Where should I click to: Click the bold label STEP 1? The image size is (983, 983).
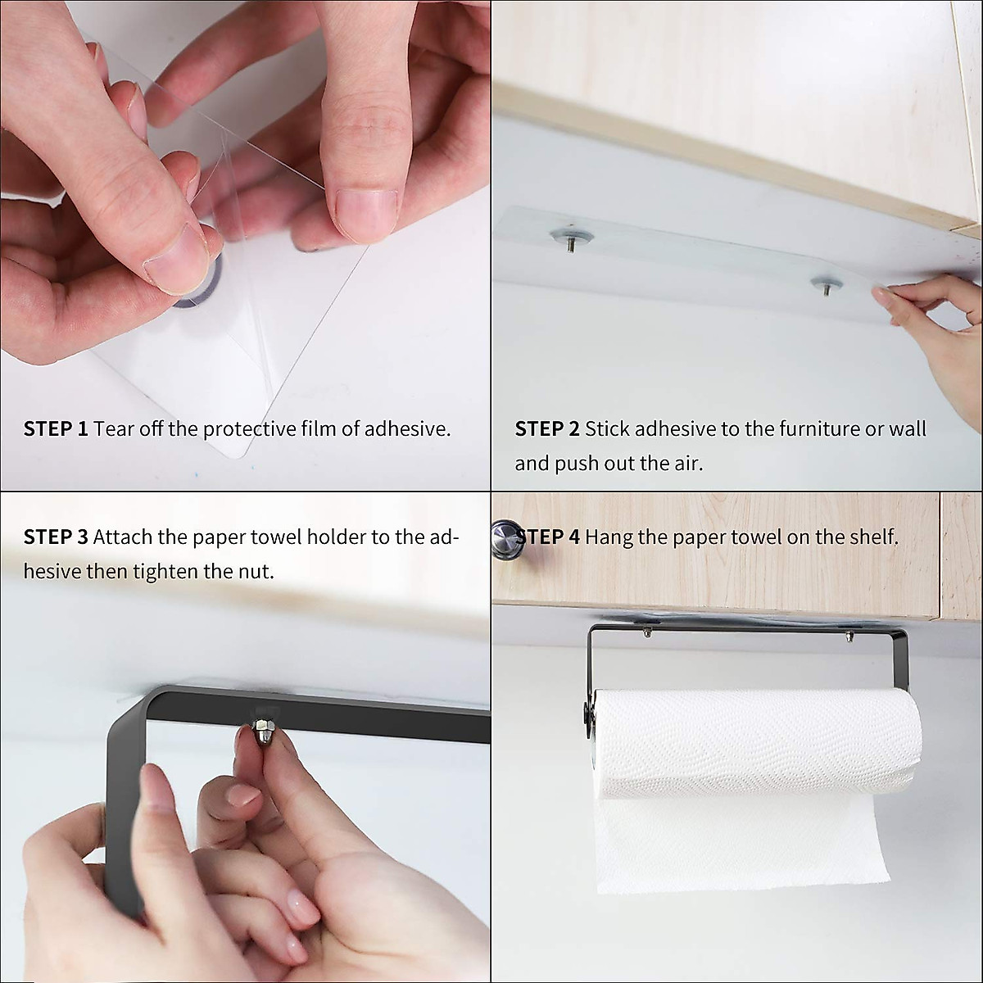click(55, 428)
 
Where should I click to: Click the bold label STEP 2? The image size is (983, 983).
click(546, 428)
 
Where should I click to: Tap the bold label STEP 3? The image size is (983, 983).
click(55, 537)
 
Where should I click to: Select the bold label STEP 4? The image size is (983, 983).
click(550, 537)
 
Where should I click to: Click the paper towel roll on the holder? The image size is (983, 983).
click(758, 741)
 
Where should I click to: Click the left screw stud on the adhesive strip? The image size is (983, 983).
click(572, 238)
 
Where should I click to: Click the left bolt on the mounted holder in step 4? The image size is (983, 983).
click(647, 632)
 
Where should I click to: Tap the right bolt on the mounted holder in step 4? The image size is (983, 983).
click(849, 632)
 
